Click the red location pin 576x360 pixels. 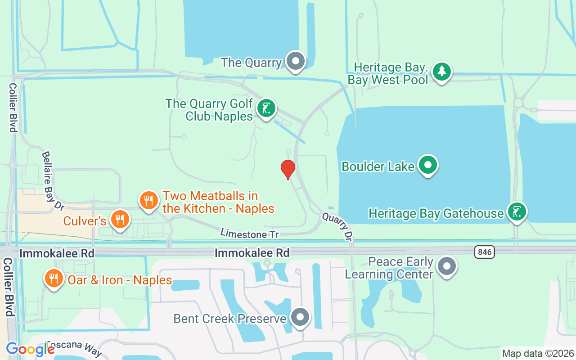[288, 169]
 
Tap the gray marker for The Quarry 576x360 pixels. [296, 61]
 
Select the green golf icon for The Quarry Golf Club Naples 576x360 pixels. [266, 108]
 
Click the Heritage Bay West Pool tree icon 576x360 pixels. [442, 72]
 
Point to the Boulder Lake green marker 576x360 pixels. [427, 165]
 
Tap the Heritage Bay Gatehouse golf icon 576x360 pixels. [517, 211]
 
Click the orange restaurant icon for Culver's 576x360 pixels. [119, 220]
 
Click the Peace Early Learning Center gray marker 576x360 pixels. [446, 266]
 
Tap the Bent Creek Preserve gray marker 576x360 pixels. [300, 317]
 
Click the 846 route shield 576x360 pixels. [485, 252]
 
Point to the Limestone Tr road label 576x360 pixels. [249, 234]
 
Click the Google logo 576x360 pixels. [30, 349]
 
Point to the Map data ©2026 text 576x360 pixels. [538, 353]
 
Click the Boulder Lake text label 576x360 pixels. [378, 166]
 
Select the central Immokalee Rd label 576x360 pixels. [252, 253]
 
